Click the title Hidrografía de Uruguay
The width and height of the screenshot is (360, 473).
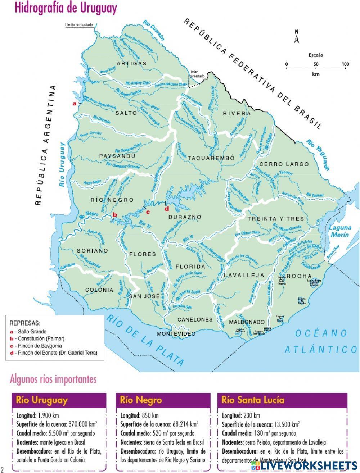click(66, 8)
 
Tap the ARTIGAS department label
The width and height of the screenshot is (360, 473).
click(132, 63)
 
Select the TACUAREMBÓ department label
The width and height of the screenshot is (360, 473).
click(211, 158)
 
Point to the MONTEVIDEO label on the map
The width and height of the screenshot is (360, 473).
click(176, 333)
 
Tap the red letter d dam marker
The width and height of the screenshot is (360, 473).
click(166, 208)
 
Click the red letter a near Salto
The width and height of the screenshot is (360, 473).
click(75, 103)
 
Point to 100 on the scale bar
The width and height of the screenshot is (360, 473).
click(345, 64)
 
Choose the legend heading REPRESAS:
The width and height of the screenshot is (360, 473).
click(25, 323)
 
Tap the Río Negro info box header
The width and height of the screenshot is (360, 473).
click(141, 400)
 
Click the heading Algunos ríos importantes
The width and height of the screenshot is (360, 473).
click(53, 379)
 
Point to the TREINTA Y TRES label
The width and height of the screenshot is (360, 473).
click(276, 219)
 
